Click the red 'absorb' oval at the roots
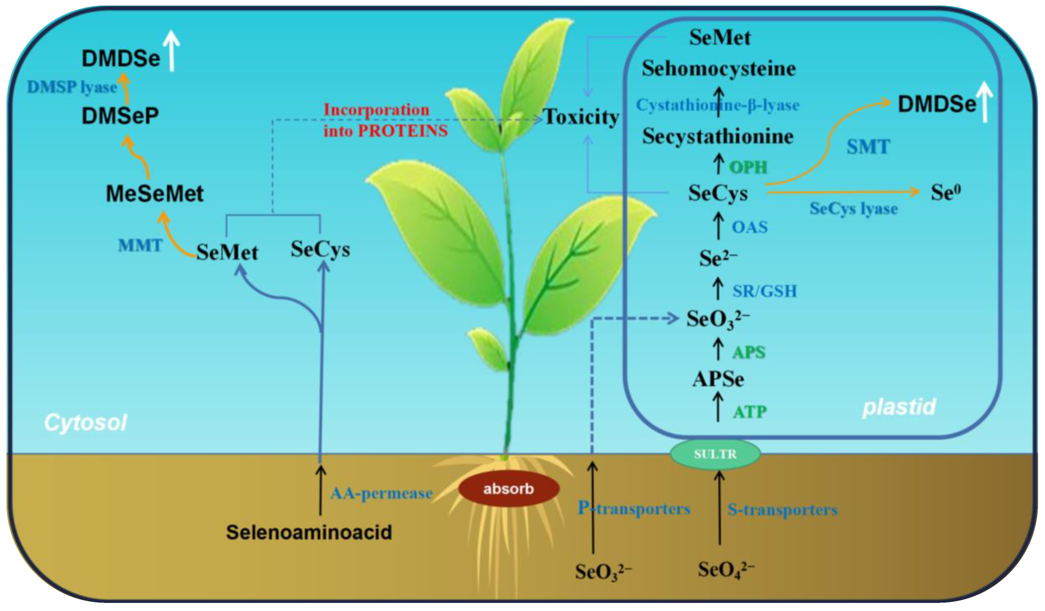pos(508,489)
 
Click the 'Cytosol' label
pos(85,423)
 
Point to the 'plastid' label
pos(899,407)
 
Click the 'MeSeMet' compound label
pos(155,194)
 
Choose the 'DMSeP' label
pos(120,116)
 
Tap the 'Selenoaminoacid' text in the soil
pos(309,532)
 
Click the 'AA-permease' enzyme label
pos(382,493)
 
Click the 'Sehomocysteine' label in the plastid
pos(719,68)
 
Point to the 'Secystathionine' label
pos(718,136)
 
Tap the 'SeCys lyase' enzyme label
pos(854,208)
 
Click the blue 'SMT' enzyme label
pos(868,147)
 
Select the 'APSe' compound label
pos(718,379)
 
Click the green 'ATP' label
pos(750,412)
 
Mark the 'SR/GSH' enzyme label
pos(764,291)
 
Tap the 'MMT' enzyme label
pos(140,246)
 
